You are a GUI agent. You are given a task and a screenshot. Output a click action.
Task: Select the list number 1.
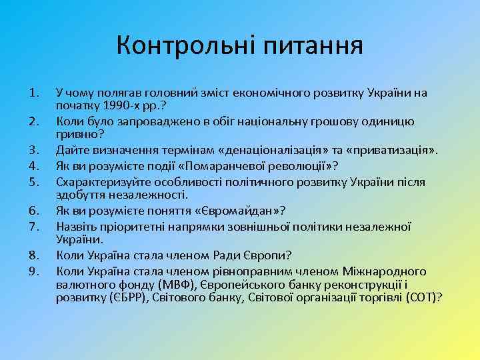(35, 93)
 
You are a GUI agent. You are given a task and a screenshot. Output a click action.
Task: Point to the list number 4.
(35, 165)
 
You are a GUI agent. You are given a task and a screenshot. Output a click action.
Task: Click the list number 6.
(35, 210)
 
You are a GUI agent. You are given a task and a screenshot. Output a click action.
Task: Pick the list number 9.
(35, 271)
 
